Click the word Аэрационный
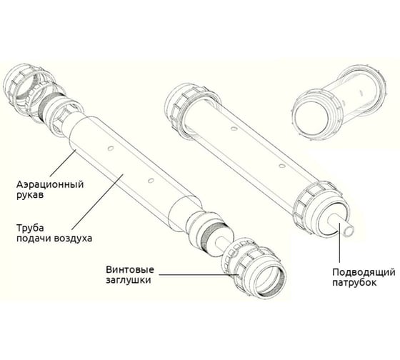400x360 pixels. tap(50, 184)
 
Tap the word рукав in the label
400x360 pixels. tap(29, 195)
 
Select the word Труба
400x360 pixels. tap(30, 228)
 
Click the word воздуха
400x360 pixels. tap(73, 239)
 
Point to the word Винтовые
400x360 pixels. tap(130, 269)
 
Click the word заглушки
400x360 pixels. tap(129, 280)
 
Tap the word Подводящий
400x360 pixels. tap(364, 272)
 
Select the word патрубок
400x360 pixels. tap(354, 283)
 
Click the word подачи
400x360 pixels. tap(34, 239)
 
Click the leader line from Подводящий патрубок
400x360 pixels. tap(339, 243)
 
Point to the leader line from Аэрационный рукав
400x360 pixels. tap(63, 163)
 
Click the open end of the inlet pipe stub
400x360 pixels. tap(349, 232)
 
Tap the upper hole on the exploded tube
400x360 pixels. tap(110, 149)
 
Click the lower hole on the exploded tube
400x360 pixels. tap(151, 181)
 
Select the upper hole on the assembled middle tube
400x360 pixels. tap(233, 128)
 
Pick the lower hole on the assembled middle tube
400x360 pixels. tap(281, 166)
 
